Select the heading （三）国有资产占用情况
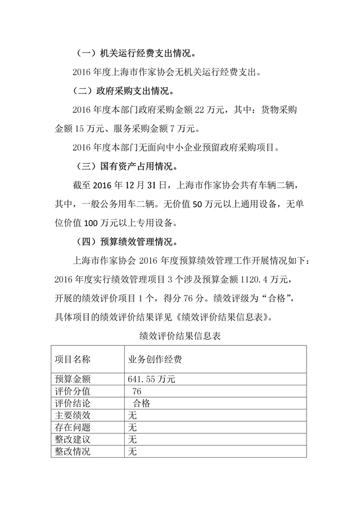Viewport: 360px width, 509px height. [127, 166]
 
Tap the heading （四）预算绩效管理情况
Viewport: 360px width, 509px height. [127, 242]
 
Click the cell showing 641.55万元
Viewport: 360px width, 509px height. [152, 379]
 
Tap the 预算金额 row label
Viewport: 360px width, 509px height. [72, 379]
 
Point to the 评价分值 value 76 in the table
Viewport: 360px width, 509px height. [136, 391]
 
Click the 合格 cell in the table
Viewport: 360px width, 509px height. [141, 403]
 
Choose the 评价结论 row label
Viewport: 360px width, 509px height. [72, 403]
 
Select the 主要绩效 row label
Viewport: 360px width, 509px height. [72, 416]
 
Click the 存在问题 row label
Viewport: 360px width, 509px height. [72, 427]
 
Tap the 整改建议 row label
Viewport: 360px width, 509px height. [72, 439]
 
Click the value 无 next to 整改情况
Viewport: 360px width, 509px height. [133, 452]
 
